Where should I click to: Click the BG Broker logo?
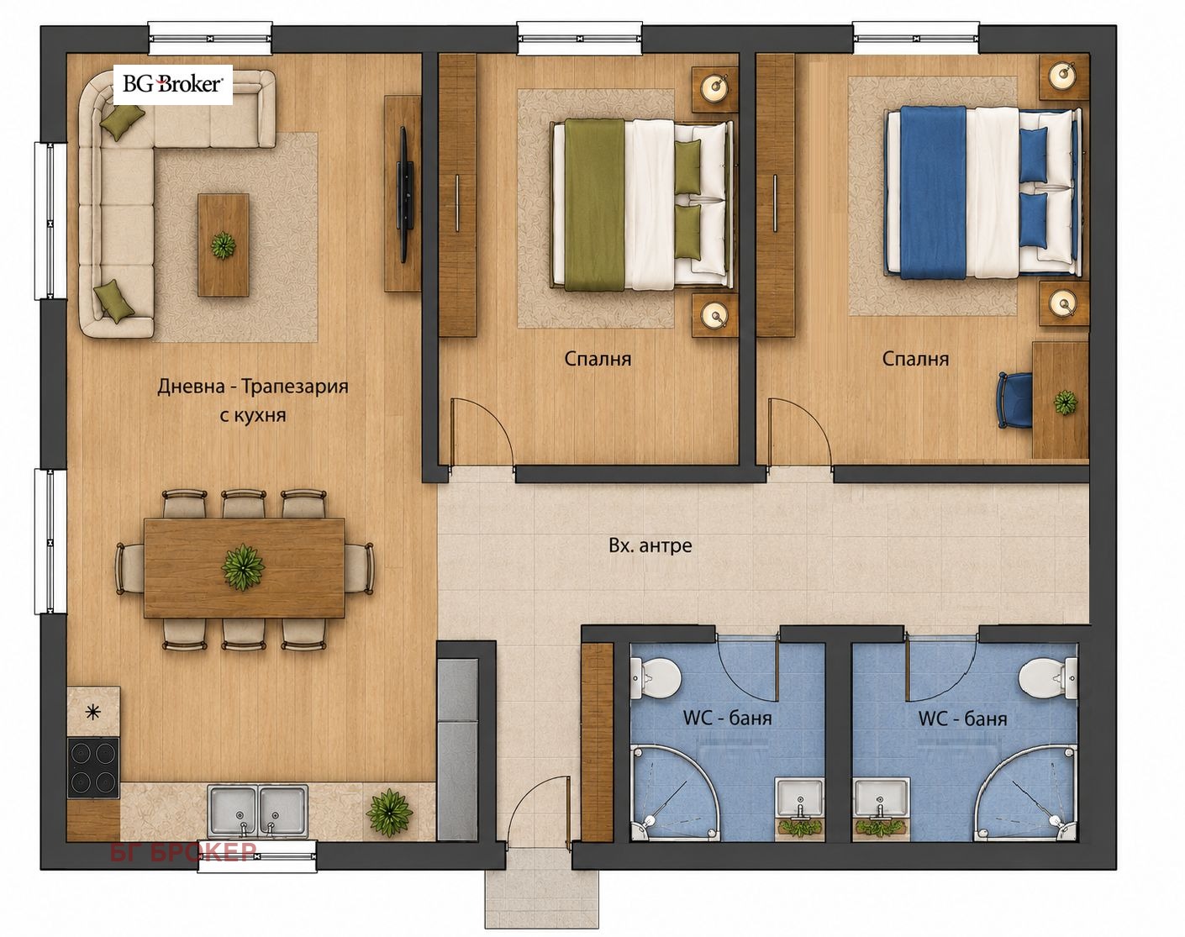point(172,85)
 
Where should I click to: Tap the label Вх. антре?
point(650,545)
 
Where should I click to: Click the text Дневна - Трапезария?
point(253,387)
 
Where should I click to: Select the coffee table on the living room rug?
point(223,245)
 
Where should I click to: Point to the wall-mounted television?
point(405,194)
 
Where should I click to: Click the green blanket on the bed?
point(594,205)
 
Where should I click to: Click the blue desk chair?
point(1015,400)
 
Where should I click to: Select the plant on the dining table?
point(243,567)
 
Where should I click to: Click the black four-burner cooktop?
point(93,767)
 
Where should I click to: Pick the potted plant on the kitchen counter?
point(389,813)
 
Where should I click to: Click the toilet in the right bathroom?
point(1048,678)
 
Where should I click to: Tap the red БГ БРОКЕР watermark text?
point(183,852)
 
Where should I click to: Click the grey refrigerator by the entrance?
point(457,750)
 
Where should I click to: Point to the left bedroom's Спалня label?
point(598,359)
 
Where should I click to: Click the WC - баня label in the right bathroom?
point(962,719)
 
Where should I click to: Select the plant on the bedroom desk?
point(1066,403)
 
